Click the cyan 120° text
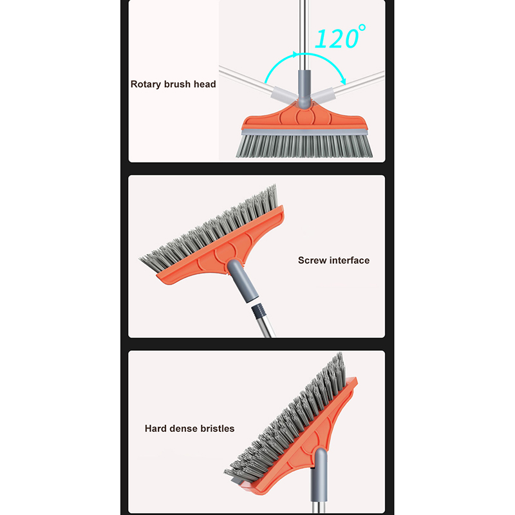click(340, 37)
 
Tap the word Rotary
click(146, 84)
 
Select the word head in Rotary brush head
click(205, 84)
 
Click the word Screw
click(312, 261)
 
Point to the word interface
click(350, 261)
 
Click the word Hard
click(156, 429)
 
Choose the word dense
click(183, 429)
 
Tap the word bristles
click(217, 429)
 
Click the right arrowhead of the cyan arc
click(343, 81)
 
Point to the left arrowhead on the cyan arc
click(295, 55)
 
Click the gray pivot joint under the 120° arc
click(304, 89)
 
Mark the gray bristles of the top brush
click(304, 146)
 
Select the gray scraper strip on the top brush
click(304, 132)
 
